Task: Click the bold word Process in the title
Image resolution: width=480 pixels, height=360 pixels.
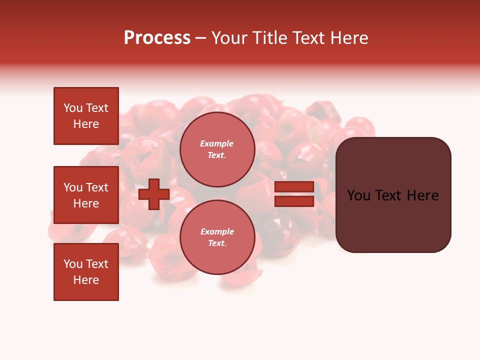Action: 157,38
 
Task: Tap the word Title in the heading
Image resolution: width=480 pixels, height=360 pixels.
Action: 269,38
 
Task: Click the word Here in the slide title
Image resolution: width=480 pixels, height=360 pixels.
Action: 349,38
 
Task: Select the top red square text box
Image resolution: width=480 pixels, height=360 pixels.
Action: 86,116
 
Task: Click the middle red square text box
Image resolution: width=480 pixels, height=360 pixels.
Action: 86,195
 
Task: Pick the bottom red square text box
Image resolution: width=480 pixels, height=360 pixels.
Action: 86,272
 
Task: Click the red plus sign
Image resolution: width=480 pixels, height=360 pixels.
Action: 154,194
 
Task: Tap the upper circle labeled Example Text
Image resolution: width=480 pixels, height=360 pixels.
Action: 217,149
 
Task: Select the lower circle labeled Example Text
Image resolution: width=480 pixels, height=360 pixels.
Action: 217,237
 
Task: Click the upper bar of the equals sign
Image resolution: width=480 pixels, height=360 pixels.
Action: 294,187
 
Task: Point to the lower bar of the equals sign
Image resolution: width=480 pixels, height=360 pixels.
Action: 294,201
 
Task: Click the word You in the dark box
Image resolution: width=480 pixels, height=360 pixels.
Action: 359,195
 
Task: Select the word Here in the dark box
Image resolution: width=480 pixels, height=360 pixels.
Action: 422,195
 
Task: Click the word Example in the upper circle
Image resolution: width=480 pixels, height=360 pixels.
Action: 217,143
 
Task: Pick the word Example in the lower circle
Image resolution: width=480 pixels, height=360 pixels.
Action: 217,231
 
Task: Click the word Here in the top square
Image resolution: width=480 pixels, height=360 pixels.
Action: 86,124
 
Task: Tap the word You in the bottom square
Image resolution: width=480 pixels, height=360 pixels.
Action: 73,264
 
